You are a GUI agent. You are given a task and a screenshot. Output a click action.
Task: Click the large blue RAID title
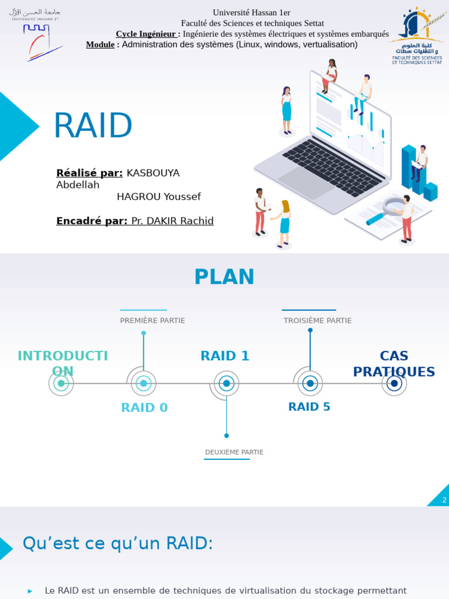92,126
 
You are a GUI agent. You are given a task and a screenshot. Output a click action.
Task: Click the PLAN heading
224,277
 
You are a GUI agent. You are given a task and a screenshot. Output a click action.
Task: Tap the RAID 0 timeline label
144,408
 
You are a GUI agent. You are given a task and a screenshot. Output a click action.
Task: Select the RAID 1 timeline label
224,356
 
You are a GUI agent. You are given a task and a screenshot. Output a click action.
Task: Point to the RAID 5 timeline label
309,407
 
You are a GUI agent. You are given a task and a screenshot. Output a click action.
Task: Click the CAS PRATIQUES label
393,364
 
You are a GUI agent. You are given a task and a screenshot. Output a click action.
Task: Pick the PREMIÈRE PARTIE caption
152,321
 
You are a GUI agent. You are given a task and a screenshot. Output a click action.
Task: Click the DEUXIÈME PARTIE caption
234,452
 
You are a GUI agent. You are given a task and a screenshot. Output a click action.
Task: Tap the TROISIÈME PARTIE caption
317,321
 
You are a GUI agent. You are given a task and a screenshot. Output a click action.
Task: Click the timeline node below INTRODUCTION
61,384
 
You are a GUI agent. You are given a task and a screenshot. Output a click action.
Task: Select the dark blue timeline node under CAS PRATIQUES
394,384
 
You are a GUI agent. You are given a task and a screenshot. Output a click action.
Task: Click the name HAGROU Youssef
158,197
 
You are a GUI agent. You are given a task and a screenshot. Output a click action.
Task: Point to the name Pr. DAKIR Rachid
172,221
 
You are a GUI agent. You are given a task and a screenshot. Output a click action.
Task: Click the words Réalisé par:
89,173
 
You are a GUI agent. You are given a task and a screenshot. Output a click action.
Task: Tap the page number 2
444,500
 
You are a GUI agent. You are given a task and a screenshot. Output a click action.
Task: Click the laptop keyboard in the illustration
333,167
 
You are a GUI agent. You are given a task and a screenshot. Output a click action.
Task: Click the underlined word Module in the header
100,44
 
